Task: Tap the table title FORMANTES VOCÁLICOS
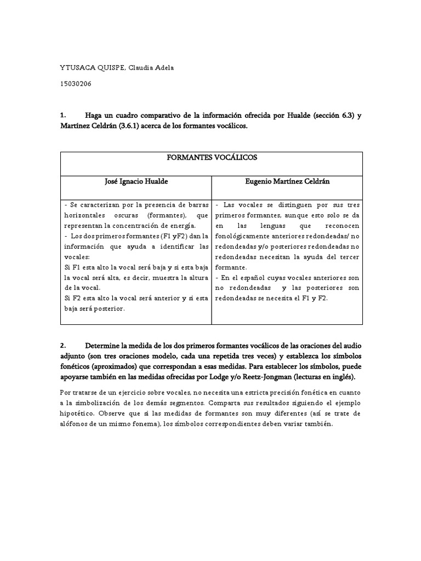pyautogui.click(x=211, y=158)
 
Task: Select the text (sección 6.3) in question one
pyautogui.click(x=330, y=116)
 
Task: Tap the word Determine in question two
pyautogui.click(x=106, y=346)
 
